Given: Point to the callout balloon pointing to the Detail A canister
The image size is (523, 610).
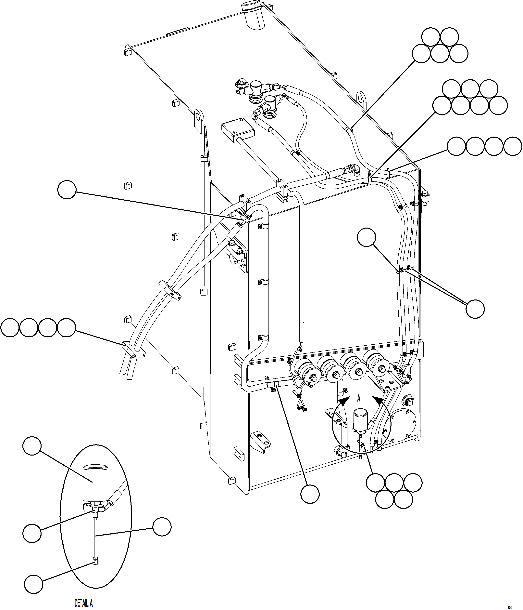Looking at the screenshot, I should [x=32, y=446].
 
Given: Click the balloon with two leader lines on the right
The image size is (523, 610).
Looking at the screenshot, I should [x=475, y=309].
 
